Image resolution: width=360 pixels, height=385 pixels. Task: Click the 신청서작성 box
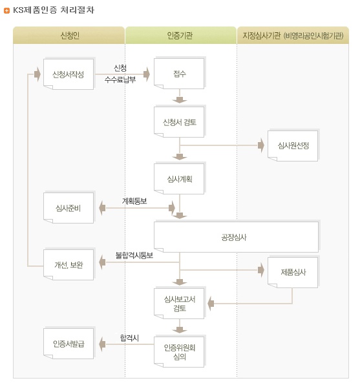(69, 74)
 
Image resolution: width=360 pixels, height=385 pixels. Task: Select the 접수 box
(180, 74)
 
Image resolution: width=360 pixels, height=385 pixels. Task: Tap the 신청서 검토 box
(180, 122)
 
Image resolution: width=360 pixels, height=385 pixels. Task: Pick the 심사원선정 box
(293, 145)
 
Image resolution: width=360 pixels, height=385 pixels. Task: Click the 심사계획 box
(180, 179)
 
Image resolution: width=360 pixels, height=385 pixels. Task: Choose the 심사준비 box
(69, 208)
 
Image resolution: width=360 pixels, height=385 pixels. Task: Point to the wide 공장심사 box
(236, 236)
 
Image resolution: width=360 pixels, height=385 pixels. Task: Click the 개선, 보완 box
(69, 264)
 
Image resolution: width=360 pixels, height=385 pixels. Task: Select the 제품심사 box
(293, 272)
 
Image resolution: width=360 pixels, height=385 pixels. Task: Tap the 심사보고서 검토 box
(180, 304)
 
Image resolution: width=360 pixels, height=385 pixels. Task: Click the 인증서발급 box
(69, 343)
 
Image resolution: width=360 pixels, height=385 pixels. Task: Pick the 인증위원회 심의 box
(180, 351)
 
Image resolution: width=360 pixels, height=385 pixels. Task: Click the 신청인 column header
(69, 36)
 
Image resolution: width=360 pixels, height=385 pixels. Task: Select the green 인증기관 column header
(180, 36)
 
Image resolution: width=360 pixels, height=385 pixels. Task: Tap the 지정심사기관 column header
(293, 36)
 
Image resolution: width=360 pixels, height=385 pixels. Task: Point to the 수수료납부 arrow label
(120, 79)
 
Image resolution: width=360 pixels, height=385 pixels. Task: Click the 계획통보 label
(134, 201)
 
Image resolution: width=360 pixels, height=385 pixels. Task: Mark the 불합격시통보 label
(134, 255)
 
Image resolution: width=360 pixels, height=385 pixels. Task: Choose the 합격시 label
(129, 338)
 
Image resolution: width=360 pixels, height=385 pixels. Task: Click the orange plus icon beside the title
(6, 10)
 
